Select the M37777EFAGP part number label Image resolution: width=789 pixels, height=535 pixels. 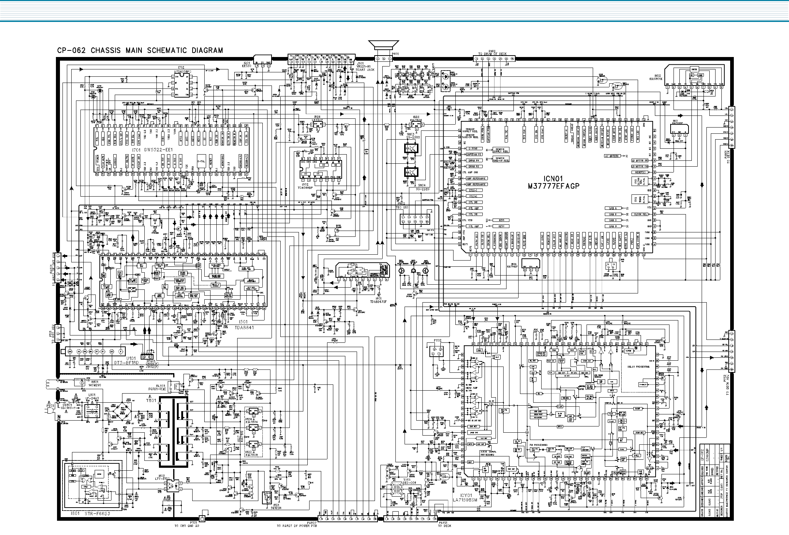(x=553, y=186)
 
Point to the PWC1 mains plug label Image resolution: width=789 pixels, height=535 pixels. (x=50, y=406)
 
